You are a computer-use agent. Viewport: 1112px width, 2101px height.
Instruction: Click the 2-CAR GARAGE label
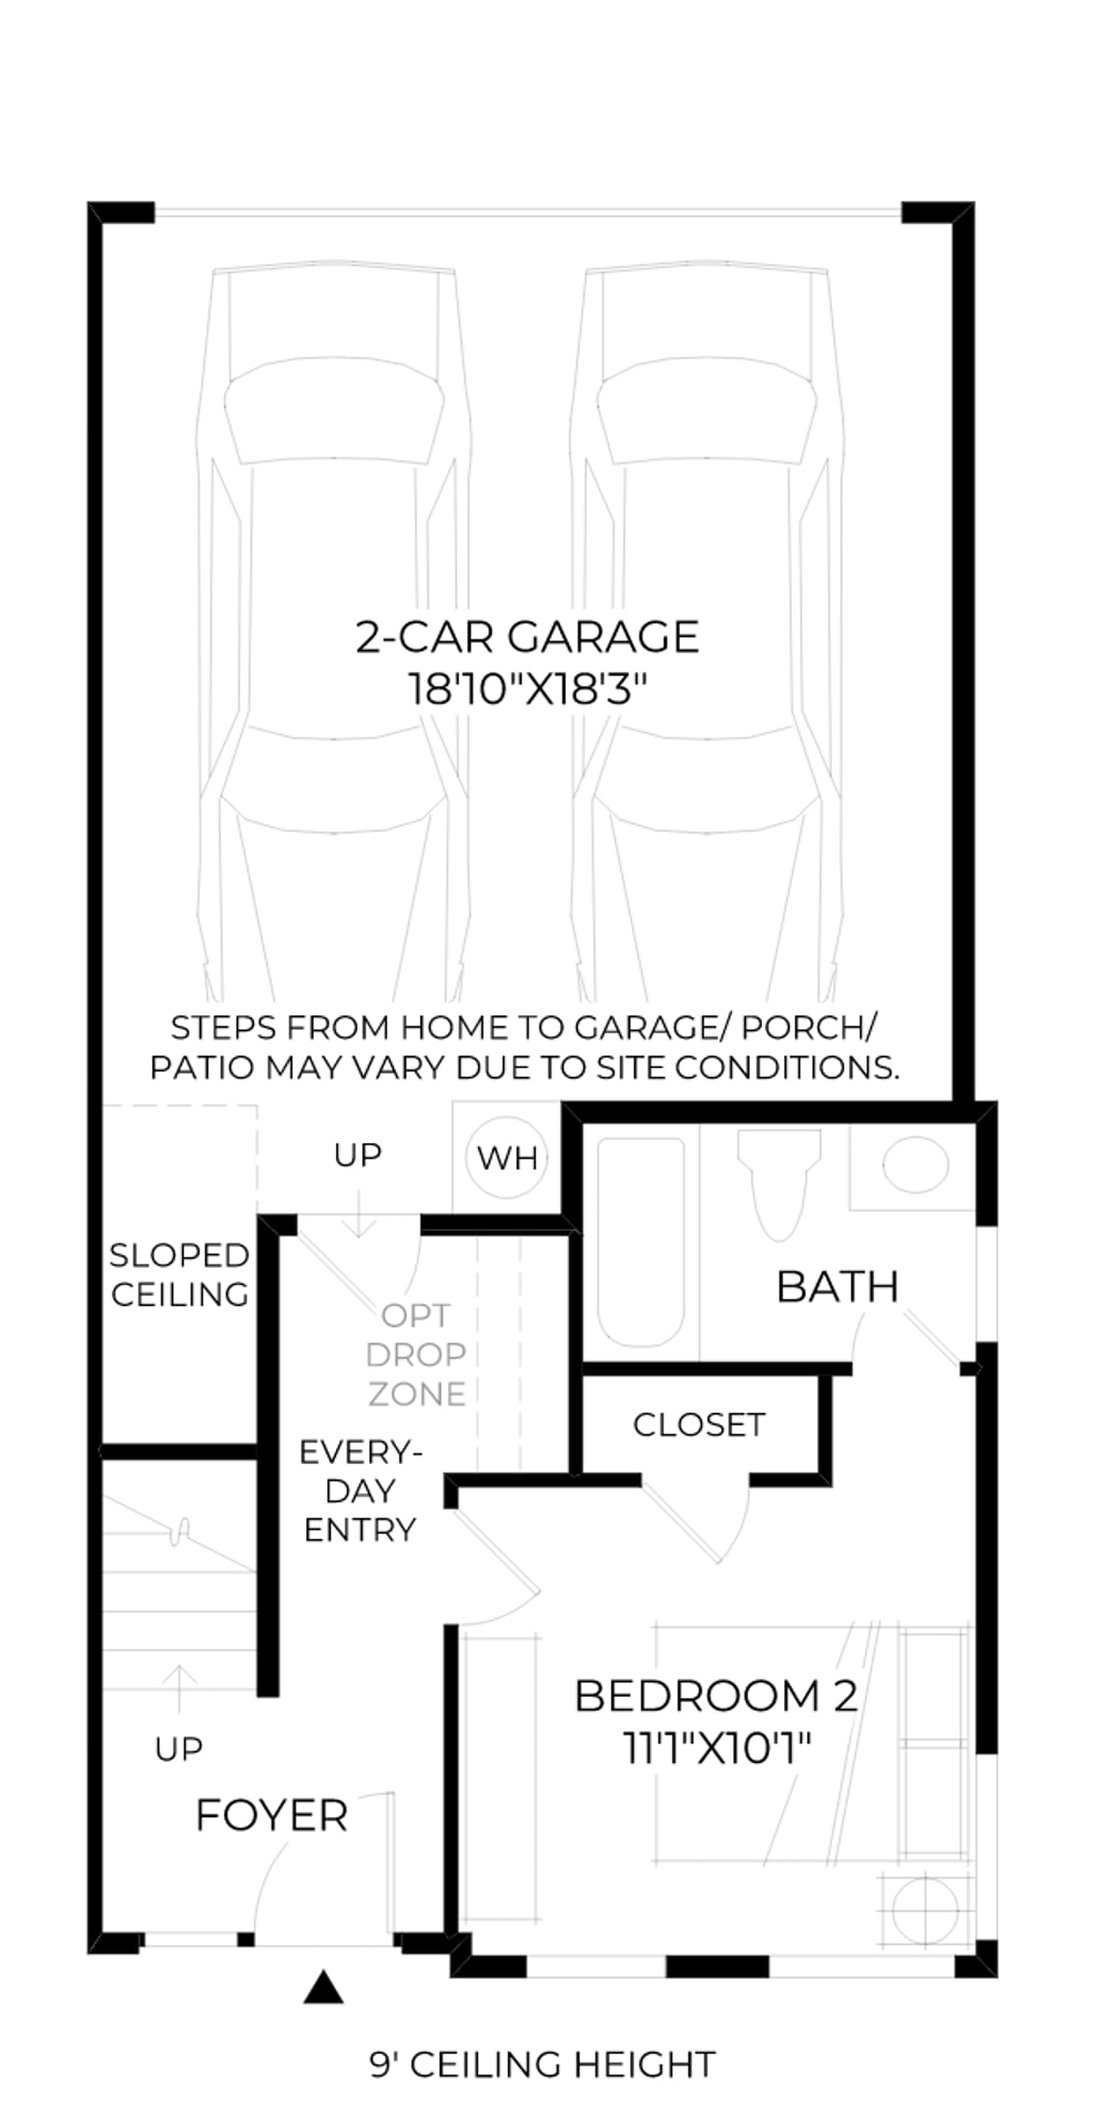tap(528, 637)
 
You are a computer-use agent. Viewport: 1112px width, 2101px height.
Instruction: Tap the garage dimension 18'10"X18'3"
tap(528, 690)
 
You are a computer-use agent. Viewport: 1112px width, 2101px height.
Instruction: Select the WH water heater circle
tap(507, 1158)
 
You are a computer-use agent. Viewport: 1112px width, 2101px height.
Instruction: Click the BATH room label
tap(838, 1287)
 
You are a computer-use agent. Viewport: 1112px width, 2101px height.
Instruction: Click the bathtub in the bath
tap(640, 1241)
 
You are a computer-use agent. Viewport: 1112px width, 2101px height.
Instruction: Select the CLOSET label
tap(699, 1425)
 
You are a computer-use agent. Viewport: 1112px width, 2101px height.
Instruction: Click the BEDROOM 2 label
tap(716, 1696)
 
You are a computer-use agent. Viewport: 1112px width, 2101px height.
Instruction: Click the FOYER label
tap(272, 1816)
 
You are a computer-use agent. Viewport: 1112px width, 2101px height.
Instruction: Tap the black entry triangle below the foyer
tap(323, 1988)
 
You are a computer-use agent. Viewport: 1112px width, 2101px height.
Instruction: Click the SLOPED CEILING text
tap(179, 1275)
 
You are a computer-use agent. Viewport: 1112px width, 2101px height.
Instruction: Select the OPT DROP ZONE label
tap(416, 1355)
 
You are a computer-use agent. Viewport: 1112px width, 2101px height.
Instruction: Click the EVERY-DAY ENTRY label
tap(360, 1491)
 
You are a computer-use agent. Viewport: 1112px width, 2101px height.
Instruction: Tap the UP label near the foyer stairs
tap(178, 1749)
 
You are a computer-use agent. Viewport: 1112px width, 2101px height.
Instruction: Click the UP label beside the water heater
tap(358, 1155)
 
